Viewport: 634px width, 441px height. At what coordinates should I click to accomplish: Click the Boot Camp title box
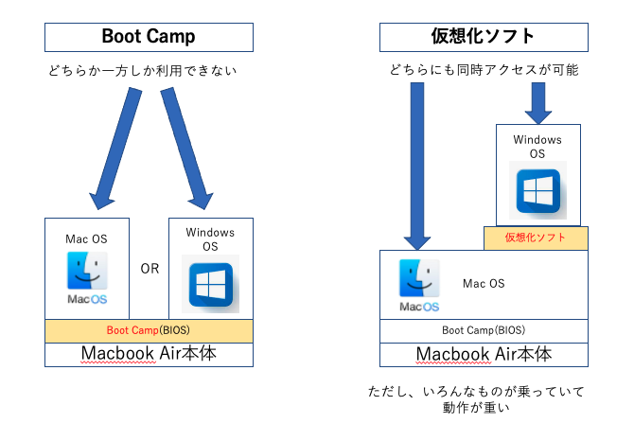click(149, 37)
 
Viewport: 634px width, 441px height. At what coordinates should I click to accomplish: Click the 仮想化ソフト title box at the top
click(484, 37)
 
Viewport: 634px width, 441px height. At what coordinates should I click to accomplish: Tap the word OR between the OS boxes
click(150, 269)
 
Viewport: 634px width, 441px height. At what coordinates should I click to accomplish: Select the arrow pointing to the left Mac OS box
click(115, 149)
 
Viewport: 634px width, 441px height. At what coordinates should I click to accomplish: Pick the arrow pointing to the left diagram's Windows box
click(186, 149)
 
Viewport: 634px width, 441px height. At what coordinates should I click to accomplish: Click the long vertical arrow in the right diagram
click(417, 167)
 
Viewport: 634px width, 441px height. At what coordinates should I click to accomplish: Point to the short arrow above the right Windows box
click(538, 103)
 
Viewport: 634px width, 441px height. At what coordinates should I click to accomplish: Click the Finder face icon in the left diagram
click(87, 271)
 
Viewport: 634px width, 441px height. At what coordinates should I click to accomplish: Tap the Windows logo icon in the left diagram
click(210, 284)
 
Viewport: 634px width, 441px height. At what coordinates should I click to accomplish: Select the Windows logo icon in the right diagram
click(537, 190)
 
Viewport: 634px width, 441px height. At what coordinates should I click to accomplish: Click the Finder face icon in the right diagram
click(419, 278)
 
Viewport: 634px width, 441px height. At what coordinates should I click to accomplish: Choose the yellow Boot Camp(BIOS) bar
click(149, 331)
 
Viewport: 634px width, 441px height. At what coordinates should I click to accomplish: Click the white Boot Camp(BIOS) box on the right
click(484, 331)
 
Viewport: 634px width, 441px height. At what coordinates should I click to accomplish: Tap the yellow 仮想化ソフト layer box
click(536, 238)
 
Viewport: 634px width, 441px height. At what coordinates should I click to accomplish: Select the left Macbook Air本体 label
click(149, 353)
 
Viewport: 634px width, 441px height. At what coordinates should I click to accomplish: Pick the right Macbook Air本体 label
click(484, 354)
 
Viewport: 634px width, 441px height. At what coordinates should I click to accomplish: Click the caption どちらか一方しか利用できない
click(142, 71)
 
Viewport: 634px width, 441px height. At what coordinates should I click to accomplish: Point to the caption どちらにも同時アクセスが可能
click(484, 70)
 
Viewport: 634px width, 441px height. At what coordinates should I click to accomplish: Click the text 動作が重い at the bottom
click(476, 407)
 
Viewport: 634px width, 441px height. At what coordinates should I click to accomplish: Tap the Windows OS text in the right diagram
click(537, 147)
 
